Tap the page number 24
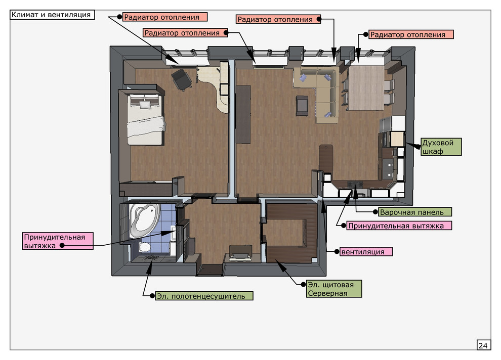coord(483,345)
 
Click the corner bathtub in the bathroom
coord(144,220)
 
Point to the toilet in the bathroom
coord(145,247)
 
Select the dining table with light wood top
coord(366,88)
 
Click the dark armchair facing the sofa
coord(302,106)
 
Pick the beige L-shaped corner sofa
coord(319,93)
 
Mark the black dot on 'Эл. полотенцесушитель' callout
coord(152,296)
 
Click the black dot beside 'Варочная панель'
coord(375,212)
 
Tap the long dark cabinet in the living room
coord(243,114)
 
